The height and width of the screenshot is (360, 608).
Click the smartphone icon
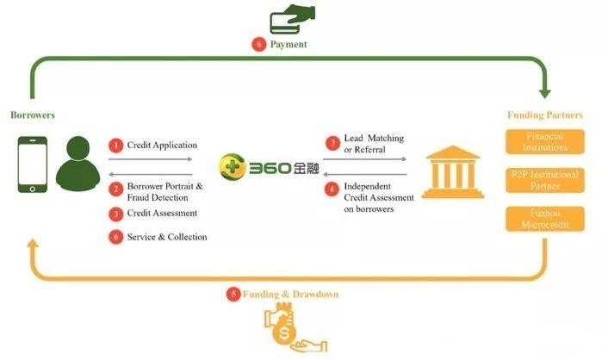click(33, 164)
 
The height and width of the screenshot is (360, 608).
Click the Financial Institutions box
click(544, 141)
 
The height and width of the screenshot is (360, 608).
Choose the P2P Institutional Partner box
click(544, 180)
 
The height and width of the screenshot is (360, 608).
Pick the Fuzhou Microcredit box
click(544, 218)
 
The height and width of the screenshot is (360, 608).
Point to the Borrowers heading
click(32, 115)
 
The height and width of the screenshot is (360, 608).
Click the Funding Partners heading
click(544, 115)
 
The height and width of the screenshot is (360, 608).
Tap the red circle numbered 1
click(116, 146)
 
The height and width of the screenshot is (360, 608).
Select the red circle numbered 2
click(116, 189)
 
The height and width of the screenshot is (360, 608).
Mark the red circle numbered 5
click(233, 294)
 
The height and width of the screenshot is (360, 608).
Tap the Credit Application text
click(162, 146)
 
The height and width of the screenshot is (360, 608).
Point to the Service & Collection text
click(167, 237)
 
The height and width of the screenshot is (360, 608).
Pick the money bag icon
click(285, 325)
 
